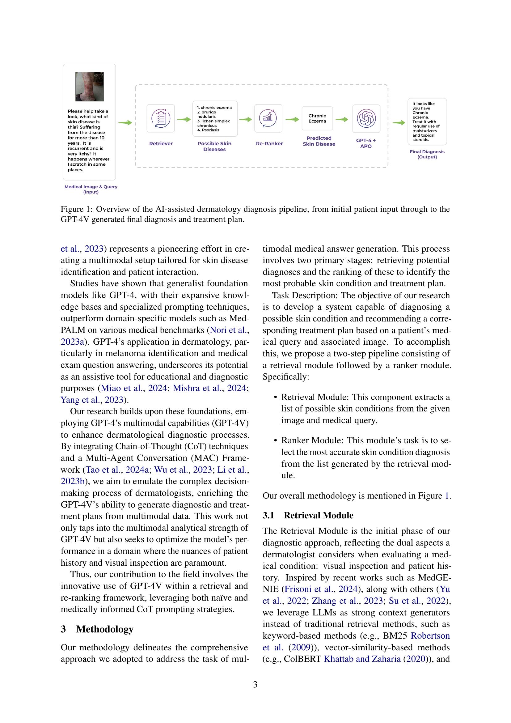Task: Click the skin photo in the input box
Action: [x=89, y=86]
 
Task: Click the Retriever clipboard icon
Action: [x=160, y=118]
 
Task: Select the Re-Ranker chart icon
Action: [x=268, y=118]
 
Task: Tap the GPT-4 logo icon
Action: [x=366, y=119]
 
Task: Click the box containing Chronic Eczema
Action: [x=317, y=118]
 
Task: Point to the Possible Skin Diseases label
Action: [x=214, y=147]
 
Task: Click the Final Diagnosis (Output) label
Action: [x=427, y=154]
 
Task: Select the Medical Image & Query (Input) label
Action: [x=91, y=189]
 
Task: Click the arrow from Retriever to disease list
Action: [x=184, y=119]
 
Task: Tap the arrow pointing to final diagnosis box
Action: [x=399, y=123]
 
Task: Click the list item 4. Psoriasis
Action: [x=208, y=130]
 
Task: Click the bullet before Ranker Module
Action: [x=275, y=441]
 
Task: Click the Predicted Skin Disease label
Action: [x=319, y=141]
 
